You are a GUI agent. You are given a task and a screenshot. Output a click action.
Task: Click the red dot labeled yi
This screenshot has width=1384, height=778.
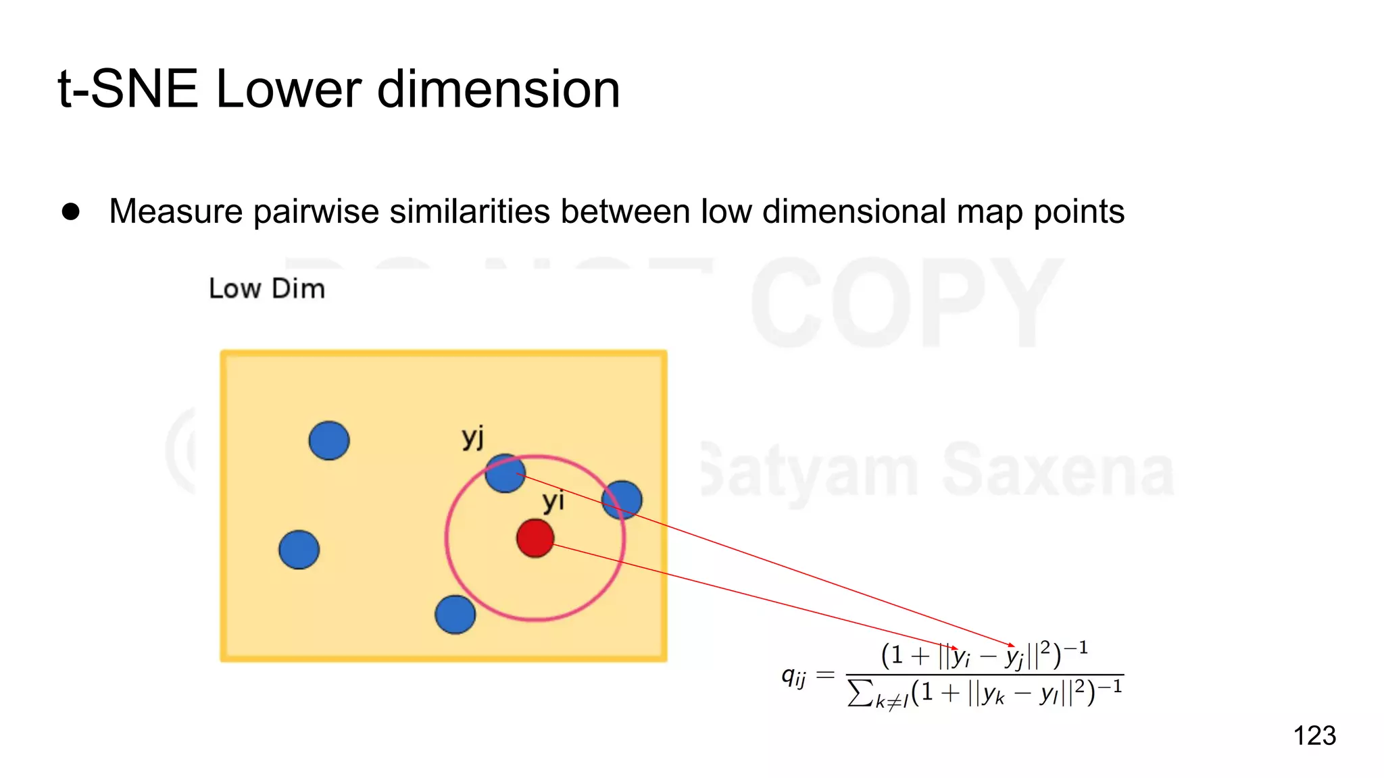[535, 538]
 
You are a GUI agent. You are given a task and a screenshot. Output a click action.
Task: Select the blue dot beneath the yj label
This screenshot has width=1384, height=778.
[505, 473]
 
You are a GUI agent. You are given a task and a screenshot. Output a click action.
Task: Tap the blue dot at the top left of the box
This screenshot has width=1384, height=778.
[329, 441]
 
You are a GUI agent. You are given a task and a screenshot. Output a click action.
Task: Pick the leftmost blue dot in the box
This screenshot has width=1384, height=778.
[299, 550]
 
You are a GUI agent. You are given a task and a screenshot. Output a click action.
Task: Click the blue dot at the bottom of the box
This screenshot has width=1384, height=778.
[455, 615]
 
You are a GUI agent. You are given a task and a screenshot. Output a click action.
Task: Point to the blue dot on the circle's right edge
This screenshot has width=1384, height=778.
[622, 500]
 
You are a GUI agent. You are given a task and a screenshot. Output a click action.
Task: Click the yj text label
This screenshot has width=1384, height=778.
[473, 438]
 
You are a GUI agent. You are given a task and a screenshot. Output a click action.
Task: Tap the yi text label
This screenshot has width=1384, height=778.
[553, 502]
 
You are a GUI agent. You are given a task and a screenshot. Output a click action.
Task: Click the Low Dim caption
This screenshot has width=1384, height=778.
[267, 288]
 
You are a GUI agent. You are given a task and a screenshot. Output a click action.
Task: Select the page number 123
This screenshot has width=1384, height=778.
[1314, 735]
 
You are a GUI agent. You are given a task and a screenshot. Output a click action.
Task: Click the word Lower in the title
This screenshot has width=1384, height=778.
[289, 89]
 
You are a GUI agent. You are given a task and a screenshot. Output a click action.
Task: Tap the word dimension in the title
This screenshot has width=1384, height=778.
[498, 89]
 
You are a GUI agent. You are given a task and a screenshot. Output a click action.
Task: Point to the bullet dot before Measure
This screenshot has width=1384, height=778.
[71, 211]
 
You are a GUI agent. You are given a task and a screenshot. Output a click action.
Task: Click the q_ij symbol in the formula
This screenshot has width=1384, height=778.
[793, 675]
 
